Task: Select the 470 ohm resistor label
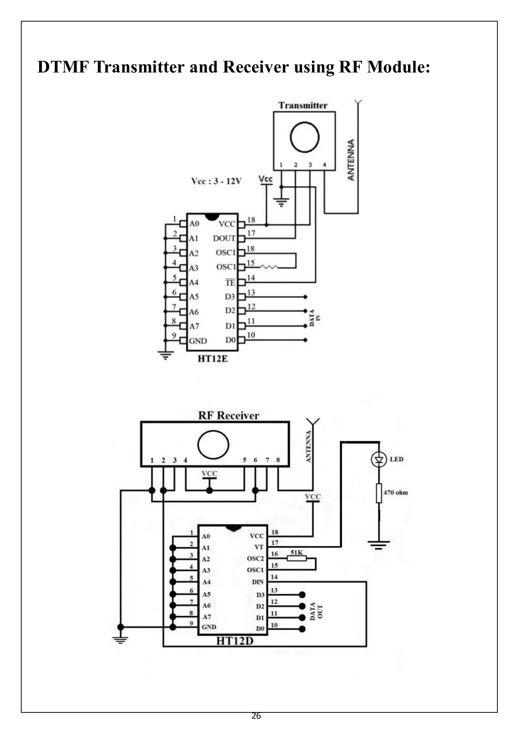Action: tap(396, 493)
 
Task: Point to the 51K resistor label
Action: tap(297, 552)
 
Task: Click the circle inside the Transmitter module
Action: tap(305, 137)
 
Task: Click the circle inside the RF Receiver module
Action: tap(213, 445)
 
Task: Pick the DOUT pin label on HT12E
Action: tap(224, 238)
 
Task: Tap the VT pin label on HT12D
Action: tap(259, 547)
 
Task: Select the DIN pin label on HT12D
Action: tap(258, 582)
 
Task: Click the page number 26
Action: tap(256, 716)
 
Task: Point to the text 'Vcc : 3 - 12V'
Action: tap(216, 181)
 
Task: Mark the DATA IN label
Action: tap(314, 318)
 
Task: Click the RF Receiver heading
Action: tap(228, 415)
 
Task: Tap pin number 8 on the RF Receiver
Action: tap(278, 460)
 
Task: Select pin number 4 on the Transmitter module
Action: tap(325, 165)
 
